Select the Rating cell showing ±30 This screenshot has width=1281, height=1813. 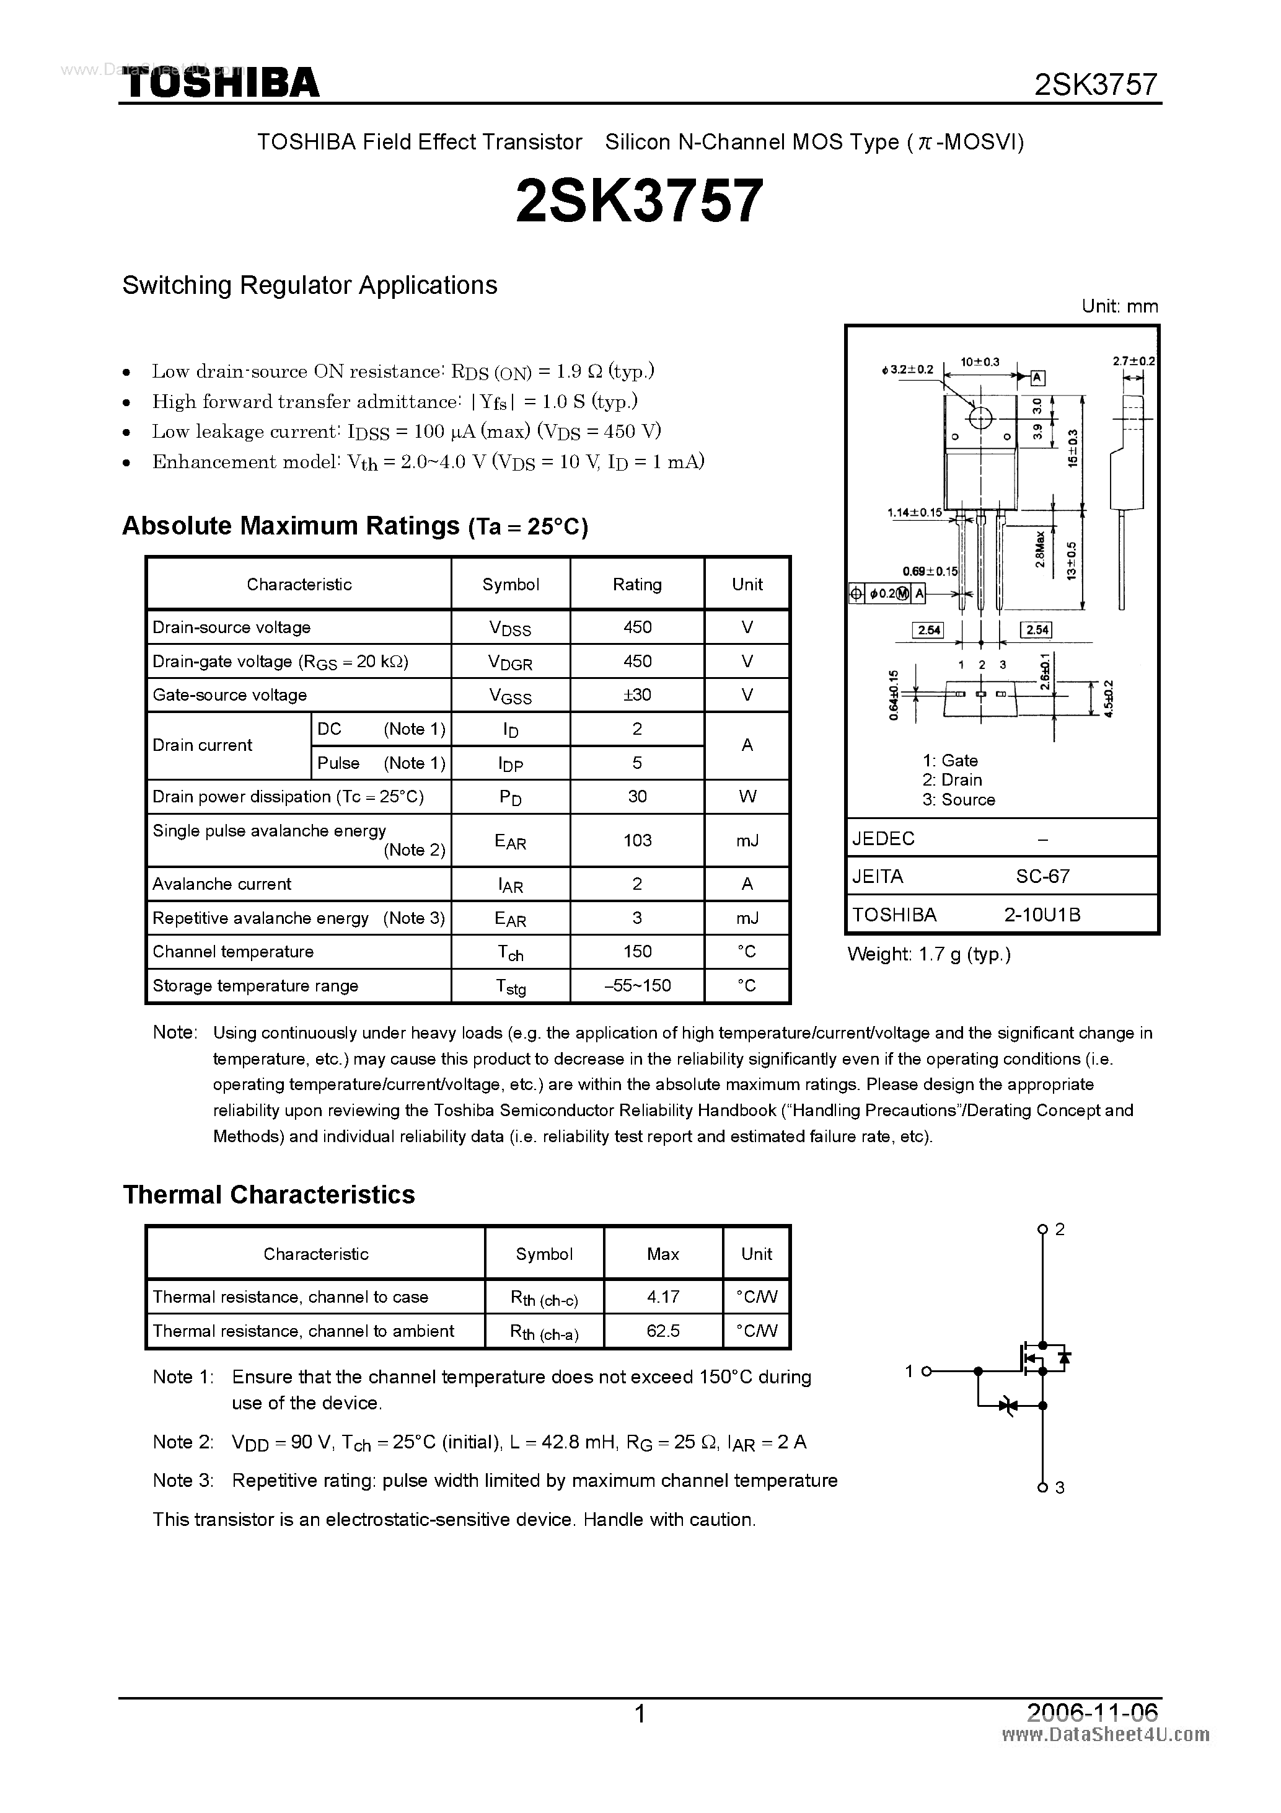click(637, 695)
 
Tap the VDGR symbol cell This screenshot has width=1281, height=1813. click(510, 662)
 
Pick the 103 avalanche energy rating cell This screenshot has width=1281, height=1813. click(637, 840)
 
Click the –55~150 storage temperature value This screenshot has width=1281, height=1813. click(637, 985)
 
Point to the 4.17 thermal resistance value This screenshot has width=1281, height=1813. click(663, 1297)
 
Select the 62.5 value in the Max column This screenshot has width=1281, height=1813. click(663, 1331)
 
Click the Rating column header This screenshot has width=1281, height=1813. click(637, 584)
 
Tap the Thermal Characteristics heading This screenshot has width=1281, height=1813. click(269, 1194)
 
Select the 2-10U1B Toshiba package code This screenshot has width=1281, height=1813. click(1042, 915)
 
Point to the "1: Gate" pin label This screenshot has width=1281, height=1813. click(950, 760)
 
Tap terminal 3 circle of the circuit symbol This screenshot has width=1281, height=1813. click(1042, 1487)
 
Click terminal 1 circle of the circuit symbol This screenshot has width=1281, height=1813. click(927, 1372)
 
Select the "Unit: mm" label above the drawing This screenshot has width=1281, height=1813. click(1119, 306)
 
